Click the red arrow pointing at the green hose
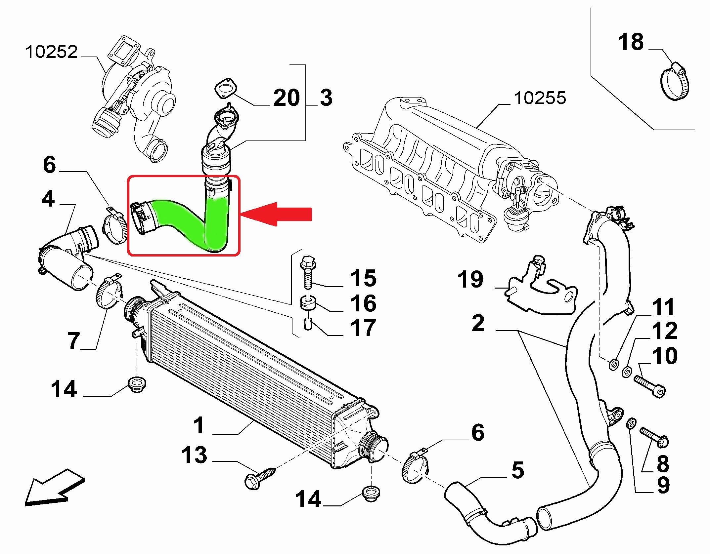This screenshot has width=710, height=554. pos(278,214)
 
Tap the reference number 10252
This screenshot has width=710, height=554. pos(52,52)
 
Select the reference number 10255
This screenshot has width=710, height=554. pos(540,98)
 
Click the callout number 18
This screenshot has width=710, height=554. pos(631,42)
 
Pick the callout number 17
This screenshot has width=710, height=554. pos(363,327)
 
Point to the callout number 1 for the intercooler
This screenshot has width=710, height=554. pos(199,425)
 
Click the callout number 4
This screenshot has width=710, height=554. pos(48,200)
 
